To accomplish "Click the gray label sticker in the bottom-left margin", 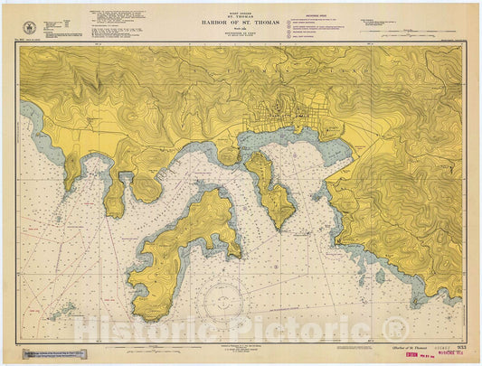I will coord(58,352).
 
